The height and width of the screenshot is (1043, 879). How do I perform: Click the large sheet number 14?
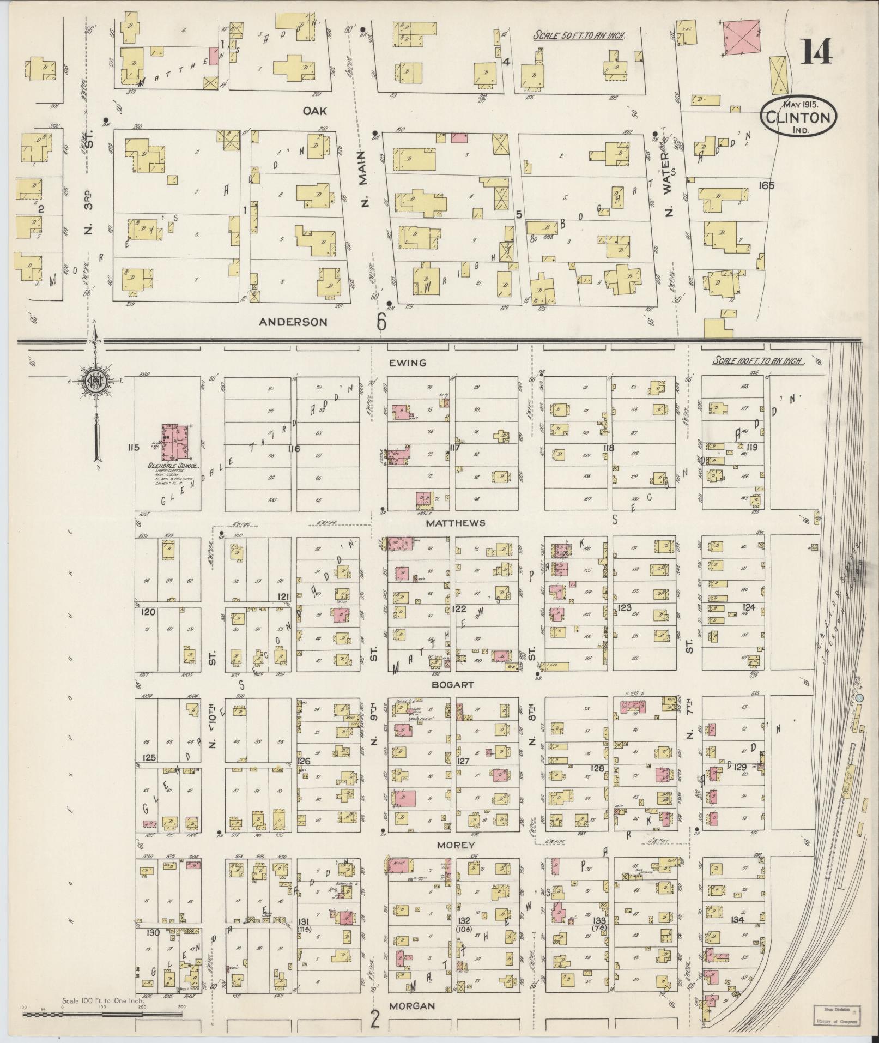click(x=816, y=53)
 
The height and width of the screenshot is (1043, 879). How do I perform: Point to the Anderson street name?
click(x=293, y=322)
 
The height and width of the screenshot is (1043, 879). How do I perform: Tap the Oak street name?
click(x=316, y=111)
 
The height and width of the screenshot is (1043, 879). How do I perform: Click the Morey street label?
click(x=450, y=845)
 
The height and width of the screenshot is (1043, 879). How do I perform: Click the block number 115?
click(x=133, y=448)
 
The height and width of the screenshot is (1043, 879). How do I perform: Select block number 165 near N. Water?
click(x=766, y=186)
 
